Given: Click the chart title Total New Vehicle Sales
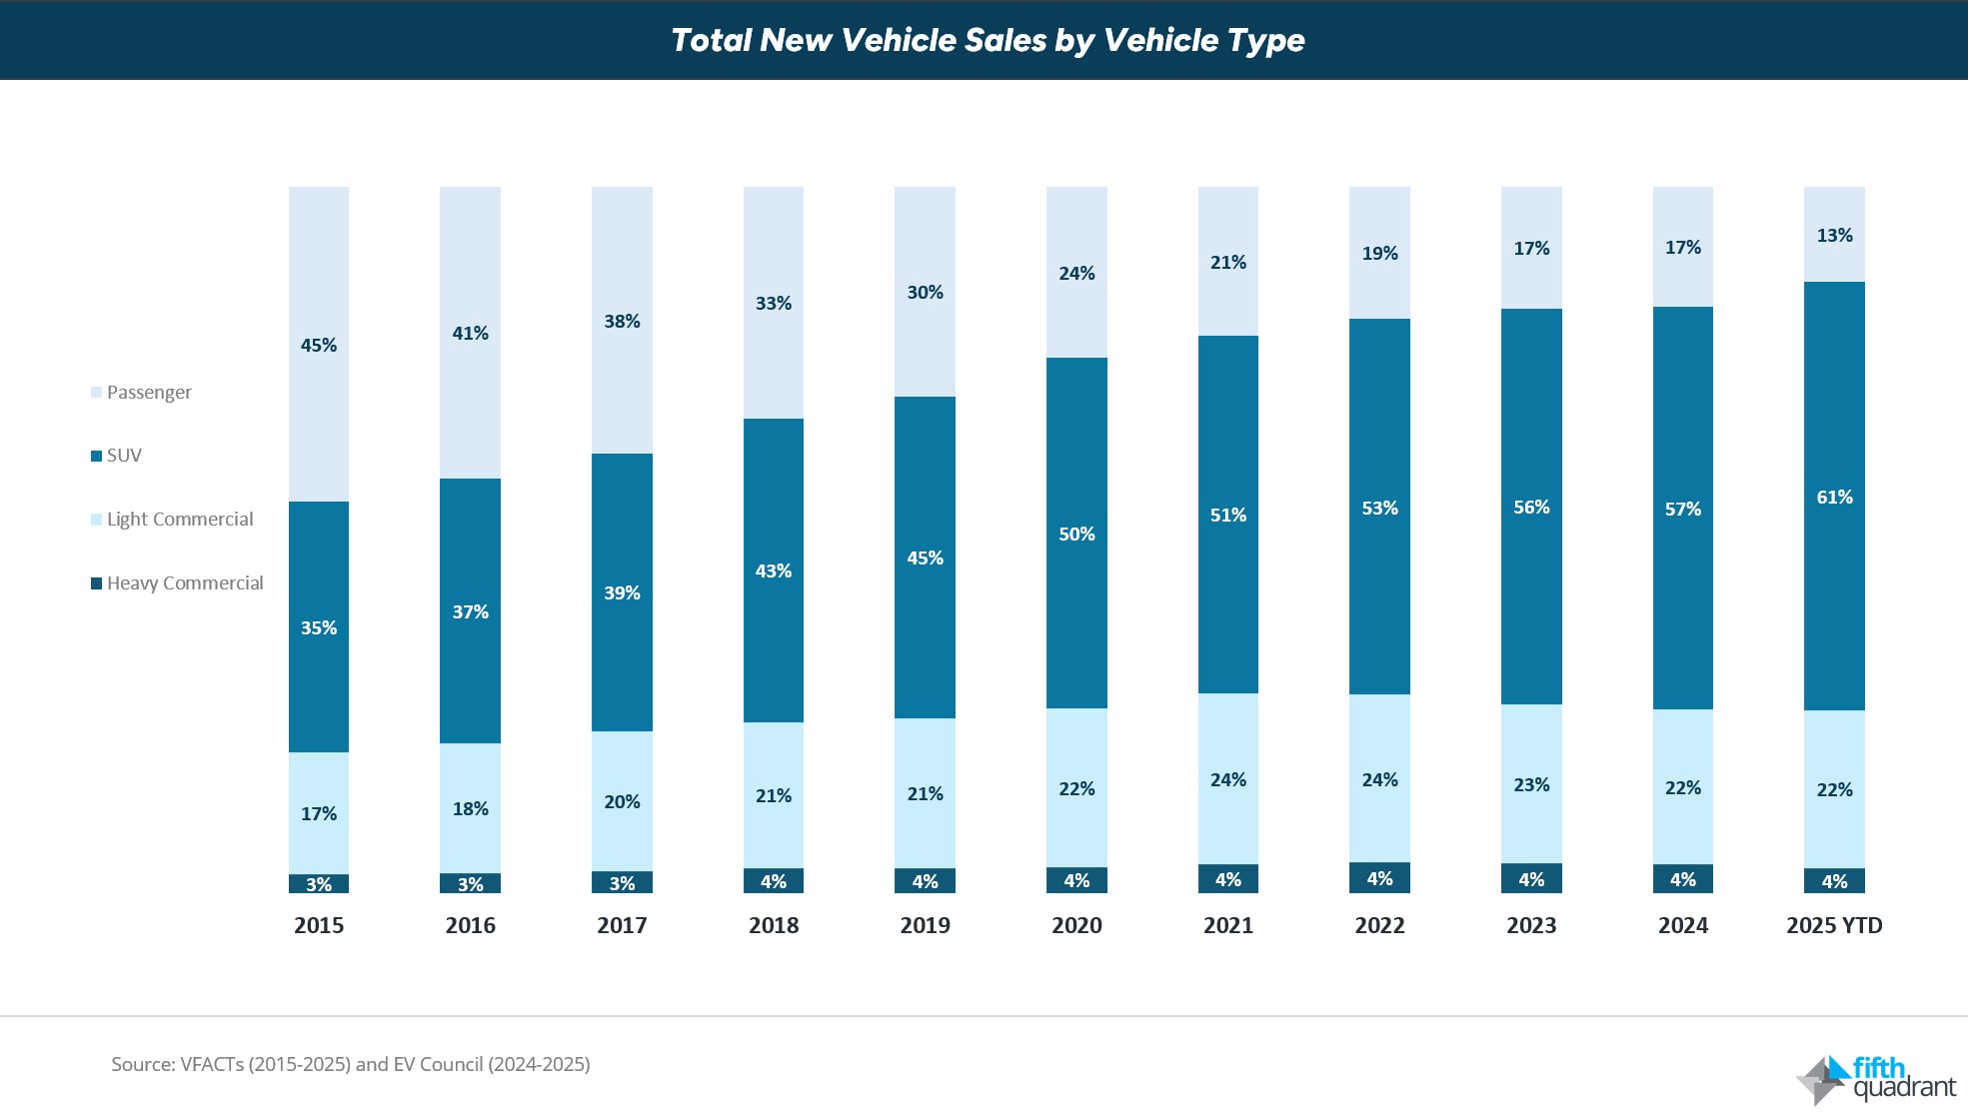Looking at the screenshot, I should click(986, 40).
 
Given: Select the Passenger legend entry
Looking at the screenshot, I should click(148, 393).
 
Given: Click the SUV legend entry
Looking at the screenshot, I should click(123, 456).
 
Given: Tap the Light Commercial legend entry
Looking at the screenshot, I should click(179, 520).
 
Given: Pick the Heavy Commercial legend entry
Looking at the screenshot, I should click(184, 583).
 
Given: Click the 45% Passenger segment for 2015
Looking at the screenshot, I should click(319, 345).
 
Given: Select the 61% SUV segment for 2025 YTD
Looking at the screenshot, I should click(1834, 497).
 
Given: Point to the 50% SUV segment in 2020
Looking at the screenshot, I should click(1076, 534).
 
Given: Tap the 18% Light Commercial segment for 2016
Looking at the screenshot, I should click(470, 808).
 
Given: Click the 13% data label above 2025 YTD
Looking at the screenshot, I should click(1834, 236).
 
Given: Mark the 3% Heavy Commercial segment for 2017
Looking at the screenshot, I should click(622, 883).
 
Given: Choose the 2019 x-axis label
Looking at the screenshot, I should click(925, 926).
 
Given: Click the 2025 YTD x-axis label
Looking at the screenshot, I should click(1834, 926).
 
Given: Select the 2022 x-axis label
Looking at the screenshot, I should click(1379, 926).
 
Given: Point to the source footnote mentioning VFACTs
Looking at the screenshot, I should click(351, 1064).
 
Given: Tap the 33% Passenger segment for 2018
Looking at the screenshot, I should click(774, 303).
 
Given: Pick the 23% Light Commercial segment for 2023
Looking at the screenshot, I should click(1531, 784).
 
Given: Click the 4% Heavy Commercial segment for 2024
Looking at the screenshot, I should click(1683, 879).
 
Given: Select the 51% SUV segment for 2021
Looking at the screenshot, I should click(1228, 515).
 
